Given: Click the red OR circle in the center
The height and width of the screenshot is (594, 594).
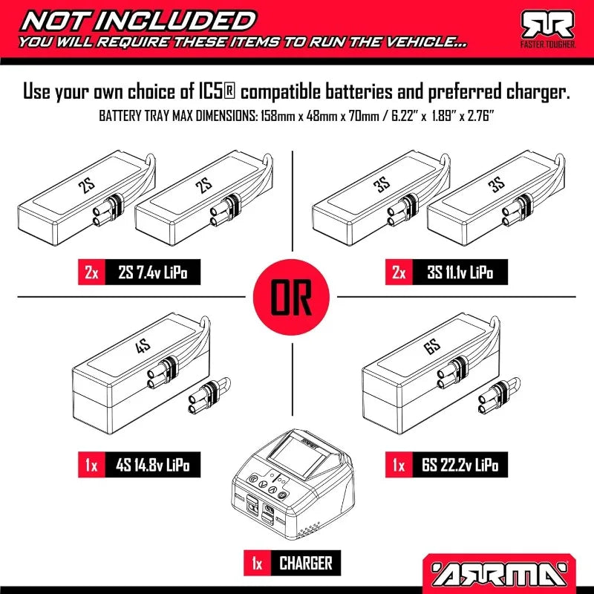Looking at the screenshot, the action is [291, 297].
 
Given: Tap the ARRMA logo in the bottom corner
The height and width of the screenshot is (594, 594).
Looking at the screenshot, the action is [500, 572].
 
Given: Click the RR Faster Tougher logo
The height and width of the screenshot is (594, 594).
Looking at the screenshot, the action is [548, 30].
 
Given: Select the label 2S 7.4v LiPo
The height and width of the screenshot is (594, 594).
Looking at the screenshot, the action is [153, 272].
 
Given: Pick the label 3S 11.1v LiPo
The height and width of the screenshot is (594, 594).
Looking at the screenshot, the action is [460, 272].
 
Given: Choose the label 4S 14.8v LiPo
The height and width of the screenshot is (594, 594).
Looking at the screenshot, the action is [153, 465].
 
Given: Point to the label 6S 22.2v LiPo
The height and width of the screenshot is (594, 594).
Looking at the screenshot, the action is [460, 465].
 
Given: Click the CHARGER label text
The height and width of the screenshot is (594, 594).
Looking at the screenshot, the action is [306, 563].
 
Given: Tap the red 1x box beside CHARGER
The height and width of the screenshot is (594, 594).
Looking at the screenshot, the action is [257, 564].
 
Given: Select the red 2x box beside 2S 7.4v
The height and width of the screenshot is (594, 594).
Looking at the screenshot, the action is [91, 272].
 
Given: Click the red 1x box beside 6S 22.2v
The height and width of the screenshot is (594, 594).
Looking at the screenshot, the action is [399, 465].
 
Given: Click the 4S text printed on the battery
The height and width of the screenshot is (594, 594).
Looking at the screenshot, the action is [143, 345].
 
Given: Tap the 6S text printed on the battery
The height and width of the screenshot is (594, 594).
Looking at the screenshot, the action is [432, 345].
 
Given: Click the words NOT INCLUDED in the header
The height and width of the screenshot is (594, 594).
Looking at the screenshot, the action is [139, 21].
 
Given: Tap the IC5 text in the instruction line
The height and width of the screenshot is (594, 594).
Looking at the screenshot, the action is [216, 92].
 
